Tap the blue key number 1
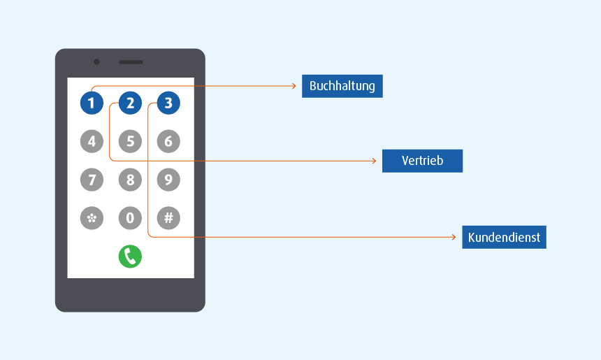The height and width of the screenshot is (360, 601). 92,104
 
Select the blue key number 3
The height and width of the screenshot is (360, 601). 168,104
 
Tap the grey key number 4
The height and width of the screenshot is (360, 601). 92,142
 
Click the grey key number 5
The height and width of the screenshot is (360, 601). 130,142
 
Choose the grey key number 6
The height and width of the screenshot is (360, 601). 168,142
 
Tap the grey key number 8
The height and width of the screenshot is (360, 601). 130,180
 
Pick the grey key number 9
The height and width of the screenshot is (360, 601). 168,180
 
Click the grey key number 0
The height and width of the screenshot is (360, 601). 130,218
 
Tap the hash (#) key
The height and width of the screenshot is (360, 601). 168,218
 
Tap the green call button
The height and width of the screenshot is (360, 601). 130,257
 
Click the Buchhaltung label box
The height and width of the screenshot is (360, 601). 342,86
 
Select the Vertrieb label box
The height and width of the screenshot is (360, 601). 422,161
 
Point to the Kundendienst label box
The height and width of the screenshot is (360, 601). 503,238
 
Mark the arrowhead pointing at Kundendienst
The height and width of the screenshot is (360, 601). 455,238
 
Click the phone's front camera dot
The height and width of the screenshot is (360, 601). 96,62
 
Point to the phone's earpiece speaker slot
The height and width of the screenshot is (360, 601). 131,62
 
